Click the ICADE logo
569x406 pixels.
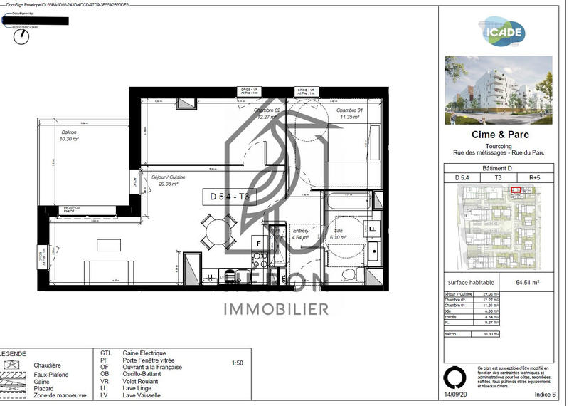pyautogui.click(x=505, y=31)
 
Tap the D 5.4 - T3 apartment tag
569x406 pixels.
pyautogui.click(x=229, y=197)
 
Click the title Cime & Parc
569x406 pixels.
pyautogui.click(x=501, y=134)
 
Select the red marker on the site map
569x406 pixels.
pyautogui.click(x=516, y=189)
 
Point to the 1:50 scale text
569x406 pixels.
pyautogui.click(x=238, y=363)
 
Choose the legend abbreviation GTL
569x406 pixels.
pyautogui.click(x=106, y=353)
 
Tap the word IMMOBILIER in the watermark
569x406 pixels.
pyautogui.click(x=277, y=309)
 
